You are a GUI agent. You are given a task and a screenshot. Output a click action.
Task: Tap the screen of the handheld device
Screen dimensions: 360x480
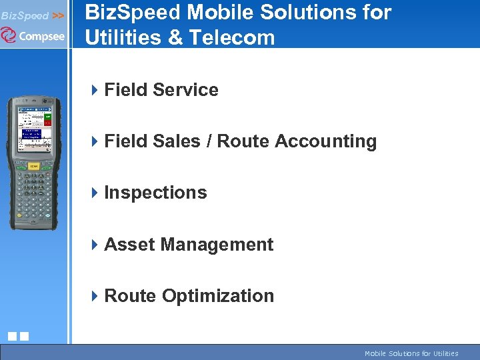pos(33,127)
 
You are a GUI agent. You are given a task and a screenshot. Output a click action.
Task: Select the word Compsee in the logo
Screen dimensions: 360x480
pos(41,36)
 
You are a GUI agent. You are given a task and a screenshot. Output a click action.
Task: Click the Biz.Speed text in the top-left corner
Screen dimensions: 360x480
pos(25,15)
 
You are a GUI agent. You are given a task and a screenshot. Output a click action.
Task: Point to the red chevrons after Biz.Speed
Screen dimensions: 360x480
pos(58,15)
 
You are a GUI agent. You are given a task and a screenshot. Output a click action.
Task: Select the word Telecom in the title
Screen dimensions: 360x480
pos(232,37)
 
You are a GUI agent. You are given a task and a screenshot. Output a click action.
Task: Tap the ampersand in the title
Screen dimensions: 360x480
pos(175,37)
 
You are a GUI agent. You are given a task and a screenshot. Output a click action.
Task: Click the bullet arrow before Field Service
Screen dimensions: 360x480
pos(95,90)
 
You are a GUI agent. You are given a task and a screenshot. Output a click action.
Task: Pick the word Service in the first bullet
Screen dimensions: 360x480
pos(188,90)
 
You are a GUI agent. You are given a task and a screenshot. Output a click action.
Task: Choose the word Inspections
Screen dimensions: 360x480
pos(155,193)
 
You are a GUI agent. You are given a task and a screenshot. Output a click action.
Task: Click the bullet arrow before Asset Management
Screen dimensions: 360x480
pos(95,245)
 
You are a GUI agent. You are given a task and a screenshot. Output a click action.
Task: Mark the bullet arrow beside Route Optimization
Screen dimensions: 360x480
pos(95,296)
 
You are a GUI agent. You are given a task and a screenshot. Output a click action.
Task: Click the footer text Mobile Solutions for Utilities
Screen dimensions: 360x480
pos(411,353)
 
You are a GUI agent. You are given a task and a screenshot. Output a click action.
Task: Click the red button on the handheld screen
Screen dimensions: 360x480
pos(47,123)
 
